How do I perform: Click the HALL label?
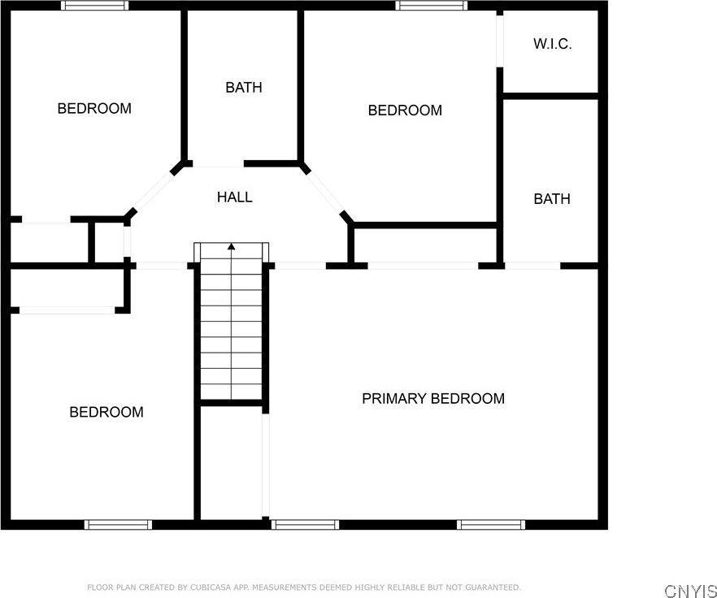pos(235,197)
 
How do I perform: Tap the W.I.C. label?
pos(553,44)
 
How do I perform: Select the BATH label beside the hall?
pos(244,87)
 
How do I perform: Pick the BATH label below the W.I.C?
pos(552,199)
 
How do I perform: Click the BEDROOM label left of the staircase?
pos(106,412)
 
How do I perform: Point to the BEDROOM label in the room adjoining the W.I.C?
pos(405,110)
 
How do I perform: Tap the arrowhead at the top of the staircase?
pos(232,247)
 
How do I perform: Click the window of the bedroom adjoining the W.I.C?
pos(432,6)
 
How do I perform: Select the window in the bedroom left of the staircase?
pos(118,524)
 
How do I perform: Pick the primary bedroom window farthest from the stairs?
pos(491,524)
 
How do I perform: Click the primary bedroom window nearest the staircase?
pos(305,524)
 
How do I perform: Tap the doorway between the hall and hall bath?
pos(218,163)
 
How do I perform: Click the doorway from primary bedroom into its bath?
pos(532,266)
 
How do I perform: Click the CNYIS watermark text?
pos(690,590)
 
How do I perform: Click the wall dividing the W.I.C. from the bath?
pos(551,96)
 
